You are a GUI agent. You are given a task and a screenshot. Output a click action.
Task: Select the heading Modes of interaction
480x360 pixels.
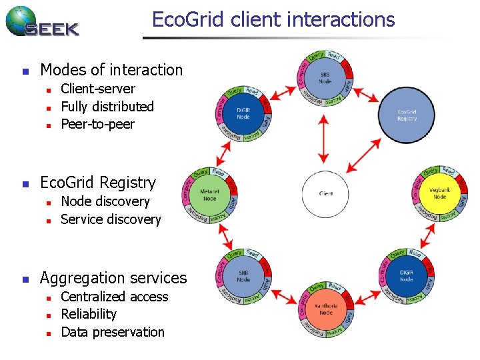(111, 70)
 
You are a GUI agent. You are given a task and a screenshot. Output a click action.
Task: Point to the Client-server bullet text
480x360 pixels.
(97, 89)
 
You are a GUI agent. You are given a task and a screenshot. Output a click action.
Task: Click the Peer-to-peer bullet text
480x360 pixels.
(97, 124)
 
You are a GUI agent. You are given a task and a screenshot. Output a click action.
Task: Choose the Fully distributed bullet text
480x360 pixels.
(107, 107)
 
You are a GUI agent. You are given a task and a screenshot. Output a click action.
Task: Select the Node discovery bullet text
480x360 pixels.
(105, 201)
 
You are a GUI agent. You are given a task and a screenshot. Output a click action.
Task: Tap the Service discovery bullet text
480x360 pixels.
(111, 219)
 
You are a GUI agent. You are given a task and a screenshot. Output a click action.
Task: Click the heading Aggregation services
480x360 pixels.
(113, 278)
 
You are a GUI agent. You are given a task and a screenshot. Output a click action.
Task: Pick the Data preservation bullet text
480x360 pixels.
(112, 332)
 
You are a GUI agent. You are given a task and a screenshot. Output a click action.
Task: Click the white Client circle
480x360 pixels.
(326, 194)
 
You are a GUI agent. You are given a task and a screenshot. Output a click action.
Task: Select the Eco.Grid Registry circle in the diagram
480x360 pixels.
(407, 115)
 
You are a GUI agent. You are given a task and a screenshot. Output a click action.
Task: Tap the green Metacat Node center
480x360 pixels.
(209, 195)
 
